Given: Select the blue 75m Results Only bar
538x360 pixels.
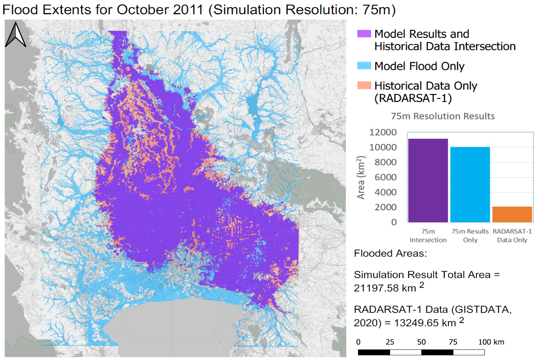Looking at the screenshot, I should pyautogui.click(x=470, y=184).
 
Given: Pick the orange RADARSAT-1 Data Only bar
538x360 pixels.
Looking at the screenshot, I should pyautogui.click(x=512, y=214).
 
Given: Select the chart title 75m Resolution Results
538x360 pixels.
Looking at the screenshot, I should pyautogui.click(x=442, y=116).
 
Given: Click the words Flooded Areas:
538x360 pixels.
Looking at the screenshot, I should pyautogui.click(x=390, y=254).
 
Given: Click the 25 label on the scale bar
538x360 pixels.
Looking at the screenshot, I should pyautogui.click(x=390, y=342).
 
